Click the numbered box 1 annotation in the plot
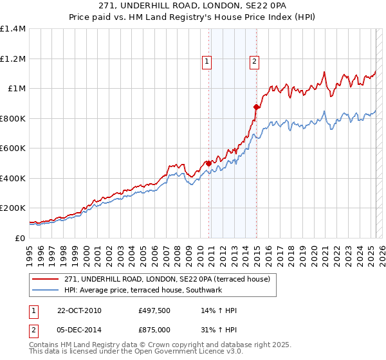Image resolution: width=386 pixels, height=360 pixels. click(x=207, y=62)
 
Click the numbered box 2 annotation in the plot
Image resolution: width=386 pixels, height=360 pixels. click(x=255, y=62)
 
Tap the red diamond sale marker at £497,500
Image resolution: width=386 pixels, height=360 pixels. click(x=208, y=163)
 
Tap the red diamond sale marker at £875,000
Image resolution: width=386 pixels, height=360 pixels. click(x=256, y=107)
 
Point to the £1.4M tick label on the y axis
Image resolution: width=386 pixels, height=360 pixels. click(x=13, y=29)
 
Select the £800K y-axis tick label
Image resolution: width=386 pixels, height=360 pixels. click(x=13, y=118)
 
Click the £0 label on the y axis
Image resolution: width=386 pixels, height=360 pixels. click(x=19, y=238)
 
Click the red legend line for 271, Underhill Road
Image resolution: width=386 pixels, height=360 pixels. click(x=45, y=279)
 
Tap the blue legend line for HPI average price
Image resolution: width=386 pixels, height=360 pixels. click(x=45, y=291)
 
